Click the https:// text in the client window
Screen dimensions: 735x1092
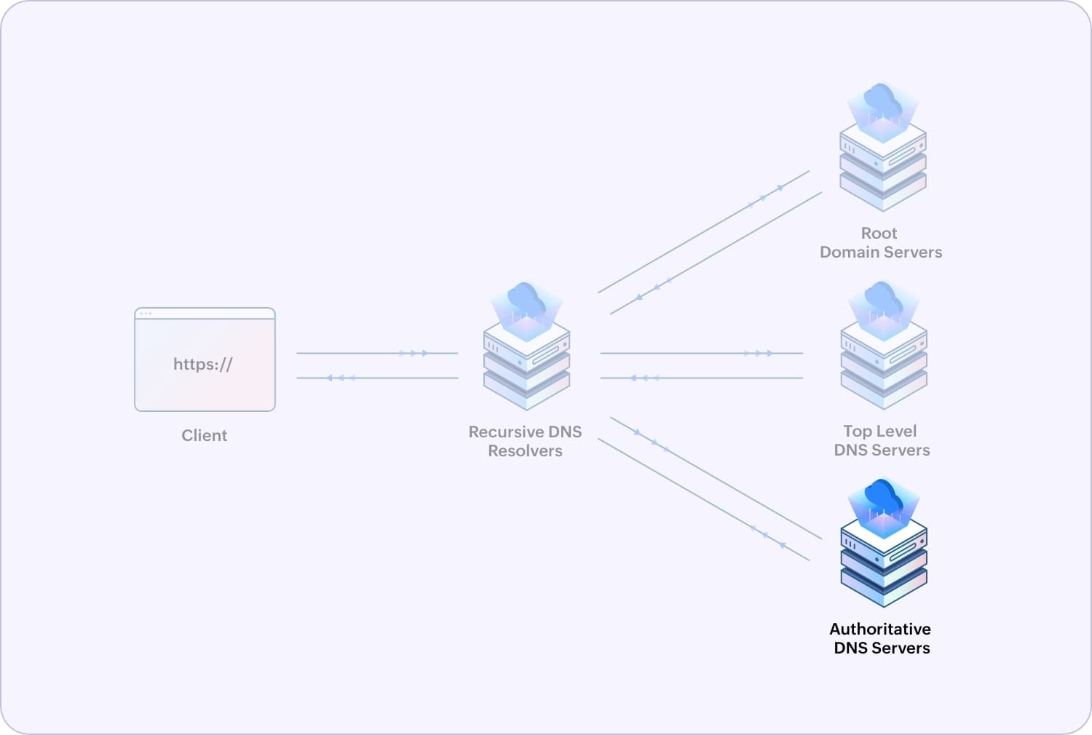tap(202, 364)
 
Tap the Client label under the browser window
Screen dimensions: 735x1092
tap(204, 435)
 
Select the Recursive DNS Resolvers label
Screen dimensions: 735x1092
tap(525, 441)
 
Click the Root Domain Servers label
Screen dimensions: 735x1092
tap(880, 242)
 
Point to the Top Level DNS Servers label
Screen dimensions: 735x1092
tap(881, 440)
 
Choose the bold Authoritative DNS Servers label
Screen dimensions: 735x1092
tap(881, 638)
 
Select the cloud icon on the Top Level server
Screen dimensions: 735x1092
tap(883, 299)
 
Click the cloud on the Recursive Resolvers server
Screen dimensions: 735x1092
tap(526, 300)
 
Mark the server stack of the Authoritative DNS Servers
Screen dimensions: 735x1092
tap(884, 564)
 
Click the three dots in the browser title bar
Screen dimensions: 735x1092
tap(146, 314)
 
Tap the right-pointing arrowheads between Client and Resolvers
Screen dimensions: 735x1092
tap(414, 354)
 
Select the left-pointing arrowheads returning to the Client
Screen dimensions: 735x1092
tap(341, 378)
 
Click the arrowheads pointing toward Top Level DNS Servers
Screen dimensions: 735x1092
tap(759, 354)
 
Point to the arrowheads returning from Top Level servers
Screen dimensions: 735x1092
tap(644, 378)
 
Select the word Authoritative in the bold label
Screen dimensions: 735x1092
tap(880, 629)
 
